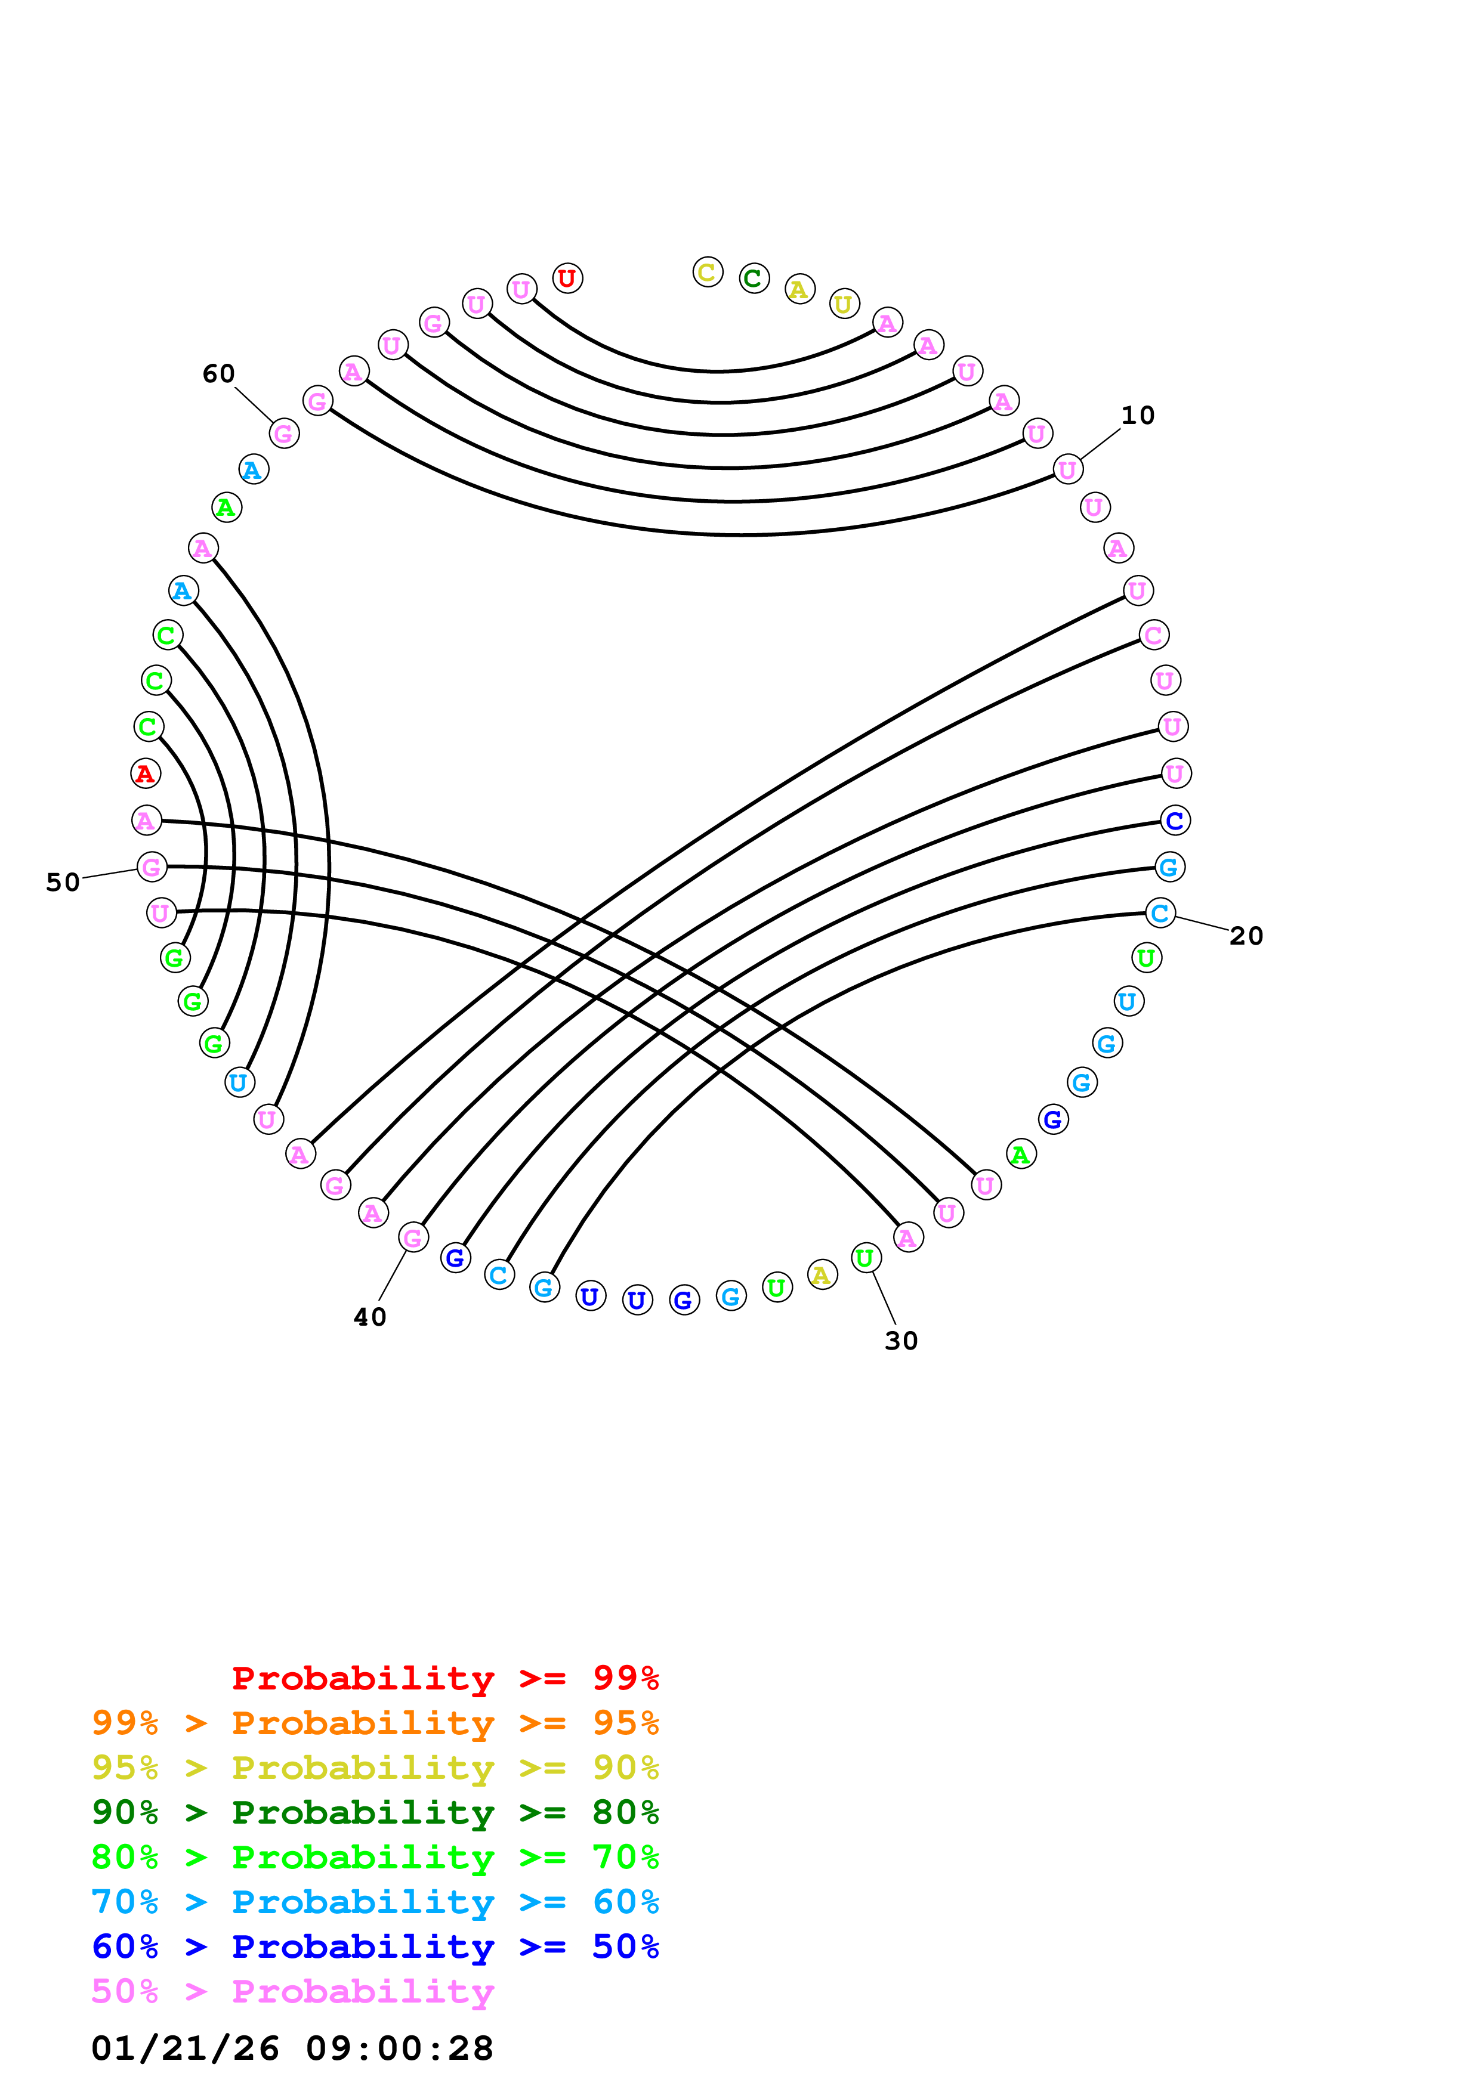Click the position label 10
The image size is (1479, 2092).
pos(1137,416)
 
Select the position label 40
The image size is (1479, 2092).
pos(370,1317)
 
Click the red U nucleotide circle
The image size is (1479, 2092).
pos(567,278)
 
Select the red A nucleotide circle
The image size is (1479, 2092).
pos(145,773)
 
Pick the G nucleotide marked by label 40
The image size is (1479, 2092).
pos(413,1237)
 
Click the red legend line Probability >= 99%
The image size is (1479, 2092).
pos(444,1678)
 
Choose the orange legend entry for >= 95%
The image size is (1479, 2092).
pos(375,1723)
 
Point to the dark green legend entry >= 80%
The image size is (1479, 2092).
pos(375,1812)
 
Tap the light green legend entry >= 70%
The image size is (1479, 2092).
pos(375,1857)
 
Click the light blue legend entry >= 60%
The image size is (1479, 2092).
pos(375,1902)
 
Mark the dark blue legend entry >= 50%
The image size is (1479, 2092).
pos(375,1946)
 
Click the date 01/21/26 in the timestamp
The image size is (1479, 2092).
pos(185,2048)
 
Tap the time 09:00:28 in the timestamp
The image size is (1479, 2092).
pos(399,2048)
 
